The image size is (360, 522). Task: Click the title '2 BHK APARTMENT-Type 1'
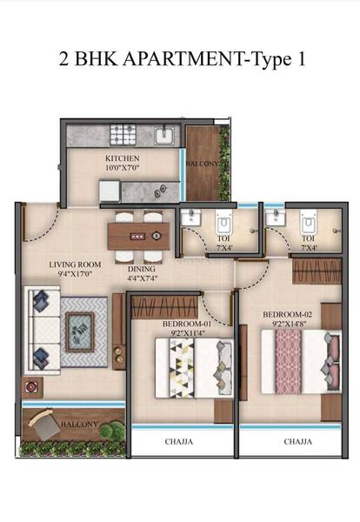[x=180, y=61]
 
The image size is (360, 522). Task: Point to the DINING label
[x=141, y=270]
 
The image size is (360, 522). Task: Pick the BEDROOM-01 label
[x=183, y=323]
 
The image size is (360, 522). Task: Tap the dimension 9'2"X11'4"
[x=183, y=331]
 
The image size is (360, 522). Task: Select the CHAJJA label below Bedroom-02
[x=294, y=442]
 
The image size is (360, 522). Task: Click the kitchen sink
[x=163, y=135]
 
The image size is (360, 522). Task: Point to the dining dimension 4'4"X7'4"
[x=141, y=280]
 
